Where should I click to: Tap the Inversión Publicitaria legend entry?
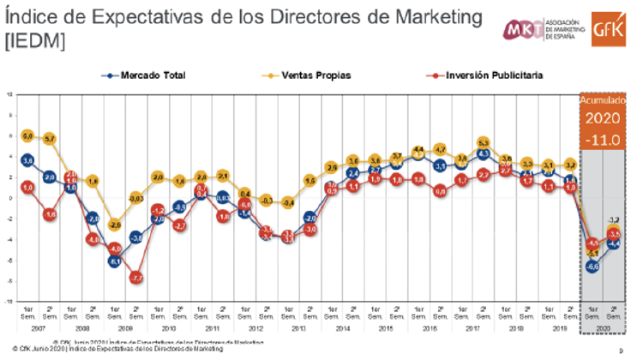487,75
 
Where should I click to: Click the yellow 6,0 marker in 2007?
27,135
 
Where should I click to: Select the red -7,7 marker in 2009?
135,278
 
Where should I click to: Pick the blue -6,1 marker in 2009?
114,261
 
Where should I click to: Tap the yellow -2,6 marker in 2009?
114,225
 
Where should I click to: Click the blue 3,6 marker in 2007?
27,160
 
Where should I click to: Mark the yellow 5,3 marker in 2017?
483,142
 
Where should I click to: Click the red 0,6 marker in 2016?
439,191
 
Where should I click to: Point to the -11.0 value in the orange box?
602,135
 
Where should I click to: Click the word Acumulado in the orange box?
602,101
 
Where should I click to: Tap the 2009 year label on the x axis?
124,329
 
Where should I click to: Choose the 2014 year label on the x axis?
342,329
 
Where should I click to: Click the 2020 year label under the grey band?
602,329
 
